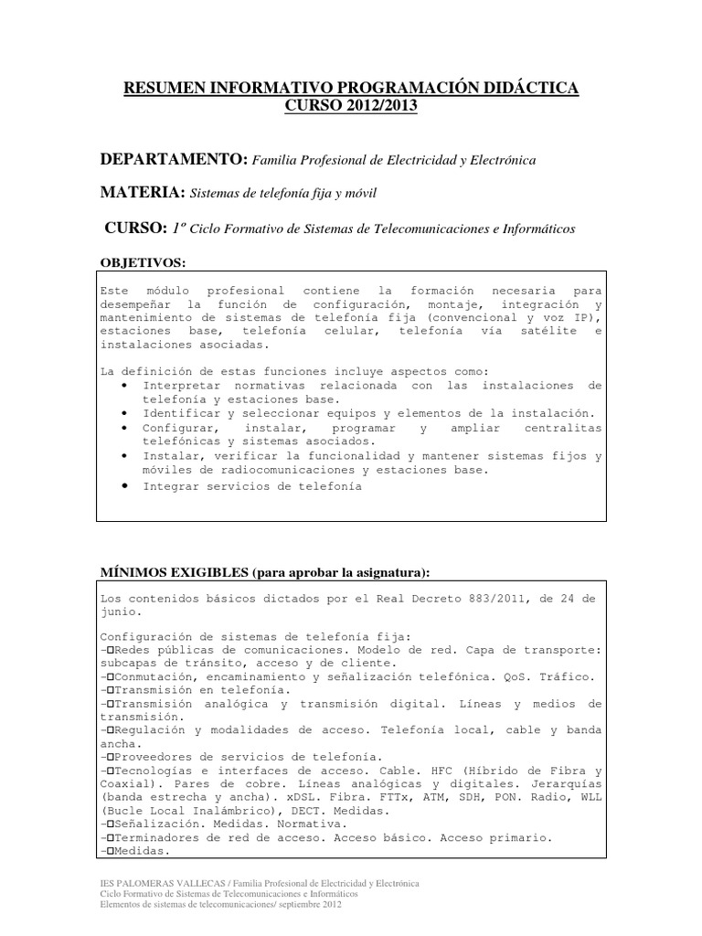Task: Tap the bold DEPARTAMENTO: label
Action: point(174,160)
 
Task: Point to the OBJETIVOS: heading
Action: point(143,263)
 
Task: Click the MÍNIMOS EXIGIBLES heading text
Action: point(174,571)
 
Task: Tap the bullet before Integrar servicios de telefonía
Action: point(123,485)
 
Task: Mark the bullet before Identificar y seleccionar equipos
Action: point(123,413)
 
